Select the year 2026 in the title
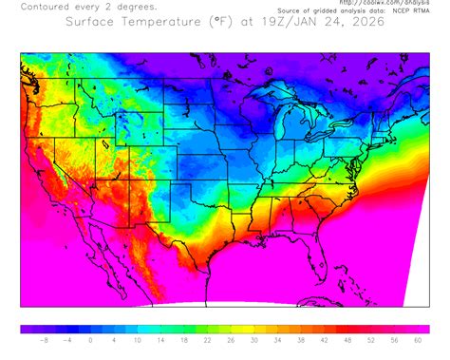pos(366,23)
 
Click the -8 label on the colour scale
pos(45,340)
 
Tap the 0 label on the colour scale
pos(90,340)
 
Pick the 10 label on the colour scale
pos(138,340)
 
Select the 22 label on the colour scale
pos(207,340)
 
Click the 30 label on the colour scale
pos(253,340)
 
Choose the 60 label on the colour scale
pos(418,340)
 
